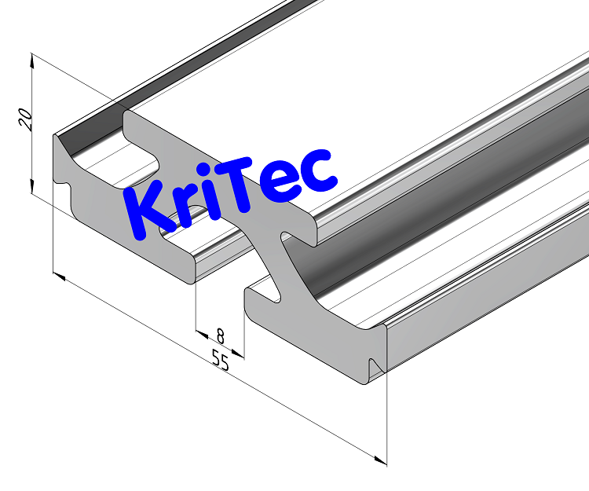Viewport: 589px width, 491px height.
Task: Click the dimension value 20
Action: tap(24, 119)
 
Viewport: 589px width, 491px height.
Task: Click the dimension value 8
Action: tap(221, 336)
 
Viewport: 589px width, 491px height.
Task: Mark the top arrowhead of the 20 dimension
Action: tap(32, 59)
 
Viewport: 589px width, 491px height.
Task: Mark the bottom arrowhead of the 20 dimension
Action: tap(32, 188)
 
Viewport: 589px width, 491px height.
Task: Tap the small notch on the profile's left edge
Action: tap(65, 186)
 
